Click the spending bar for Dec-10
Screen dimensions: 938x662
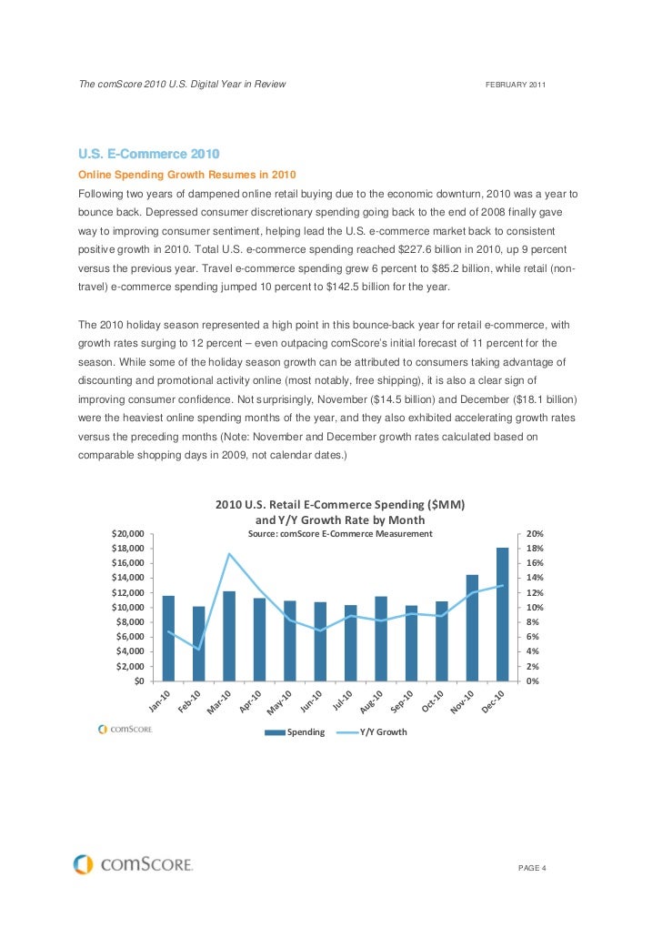[x=502, y=614]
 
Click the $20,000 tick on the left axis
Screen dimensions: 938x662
[x=126, y=534]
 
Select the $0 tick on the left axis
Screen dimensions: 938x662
[x=138, y=681]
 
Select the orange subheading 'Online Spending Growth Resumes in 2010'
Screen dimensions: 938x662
[x=187, y=174]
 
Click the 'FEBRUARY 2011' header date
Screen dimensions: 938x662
[x=516, y=85]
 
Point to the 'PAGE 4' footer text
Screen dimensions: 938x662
[x=531, y=867]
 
